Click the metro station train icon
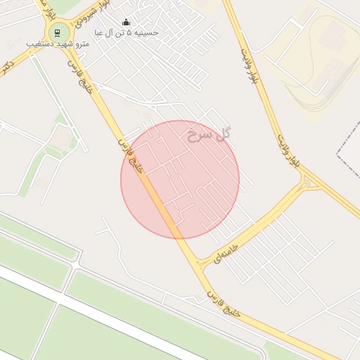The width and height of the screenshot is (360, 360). click(58, 32)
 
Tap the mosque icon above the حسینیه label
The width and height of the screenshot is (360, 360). click(127, 22)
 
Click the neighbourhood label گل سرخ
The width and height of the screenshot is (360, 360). click(210, 134)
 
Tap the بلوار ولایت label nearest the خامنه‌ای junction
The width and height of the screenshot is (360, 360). click(288, 148)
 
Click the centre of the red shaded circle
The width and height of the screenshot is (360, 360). click(180, 179)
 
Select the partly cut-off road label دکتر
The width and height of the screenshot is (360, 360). click(8, 67)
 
